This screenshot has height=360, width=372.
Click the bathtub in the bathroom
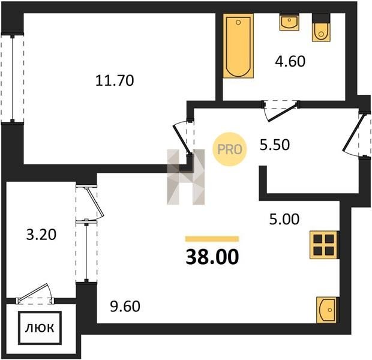coord(238,46)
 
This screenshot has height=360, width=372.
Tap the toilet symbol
coord(321,28)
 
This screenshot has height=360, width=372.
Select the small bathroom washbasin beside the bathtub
coord(289,22)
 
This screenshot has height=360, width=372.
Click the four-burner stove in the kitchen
coord(324,245)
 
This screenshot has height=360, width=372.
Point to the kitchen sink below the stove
coord(326,310)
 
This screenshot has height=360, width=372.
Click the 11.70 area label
coord(115,80)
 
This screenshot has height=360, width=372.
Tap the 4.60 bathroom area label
coord(290,61)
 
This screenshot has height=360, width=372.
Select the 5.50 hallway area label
coord(274,145)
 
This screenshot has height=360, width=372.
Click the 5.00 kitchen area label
coord(284,219)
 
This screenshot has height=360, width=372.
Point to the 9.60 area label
coord(125,306)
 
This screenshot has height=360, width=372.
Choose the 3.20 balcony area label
coord(41,235)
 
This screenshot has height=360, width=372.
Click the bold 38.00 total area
coord(212,257)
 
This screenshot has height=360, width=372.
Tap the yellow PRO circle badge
coord(229,149)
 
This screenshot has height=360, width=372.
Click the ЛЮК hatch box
coord(40,328)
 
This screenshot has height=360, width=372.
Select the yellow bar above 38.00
coord(212,239)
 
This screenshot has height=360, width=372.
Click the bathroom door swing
coord(280,110)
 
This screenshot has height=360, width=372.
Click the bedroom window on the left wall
coord(13,79)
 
